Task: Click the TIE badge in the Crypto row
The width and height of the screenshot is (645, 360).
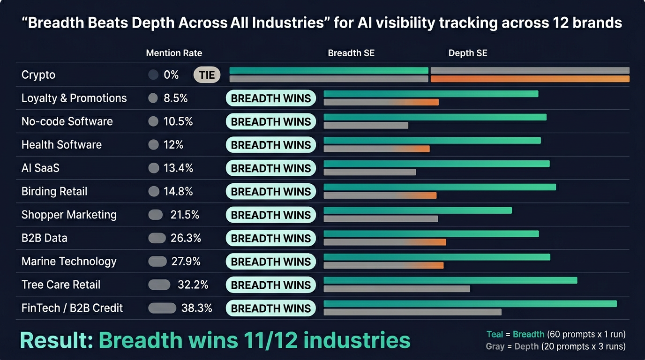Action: click(x=207, y=75)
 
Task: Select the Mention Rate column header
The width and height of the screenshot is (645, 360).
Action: click(x=174, y=53)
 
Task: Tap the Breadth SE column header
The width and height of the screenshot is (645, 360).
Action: click(x=351, y=53)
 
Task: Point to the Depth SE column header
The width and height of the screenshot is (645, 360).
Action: click(x=468, y=53)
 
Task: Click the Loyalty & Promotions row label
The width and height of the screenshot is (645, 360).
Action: click(x=74, y=98)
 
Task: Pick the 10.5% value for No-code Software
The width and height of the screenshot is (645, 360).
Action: click(x=178, y=121)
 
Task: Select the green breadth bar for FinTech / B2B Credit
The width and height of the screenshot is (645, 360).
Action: click(x=470, y=304)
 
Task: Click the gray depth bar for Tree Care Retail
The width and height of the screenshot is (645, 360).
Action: click(x=397, y=289)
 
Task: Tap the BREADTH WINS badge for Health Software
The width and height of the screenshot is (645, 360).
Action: click(x=271, y=145)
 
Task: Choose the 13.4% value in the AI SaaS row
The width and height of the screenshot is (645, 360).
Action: click(x=178, y=168)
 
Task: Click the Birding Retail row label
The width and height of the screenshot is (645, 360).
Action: click(x=54, y=191)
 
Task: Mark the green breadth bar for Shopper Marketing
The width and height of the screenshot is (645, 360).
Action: click(x=418, y=210)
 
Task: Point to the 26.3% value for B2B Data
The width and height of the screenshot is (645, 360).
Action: click(x=186, y=238)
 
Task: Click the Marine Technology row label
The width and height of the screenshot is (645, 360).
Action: click(x=69, y=261)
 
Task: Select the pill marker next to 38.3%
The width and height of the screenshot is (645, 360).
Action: click(x=162, y=308)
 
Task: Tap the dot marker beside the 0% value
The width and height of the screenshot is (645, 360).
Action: click(x=153, y=75)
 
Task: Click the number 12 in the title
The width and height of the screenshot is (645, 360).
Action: click(x=557, y=23)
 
